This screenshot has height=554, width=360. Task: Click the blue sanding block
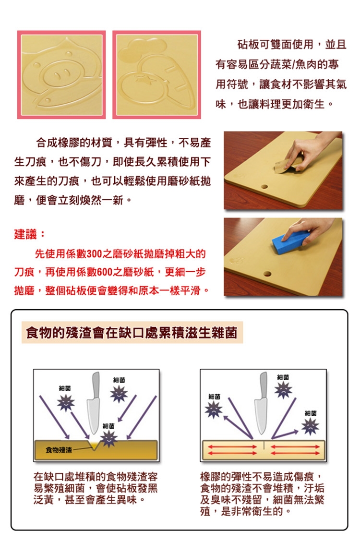coord(289,241)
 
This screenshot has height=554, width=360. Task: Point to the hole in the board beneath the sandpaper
coord(264,186)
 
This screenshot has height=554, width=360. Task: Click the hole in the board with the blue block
coord(267,274)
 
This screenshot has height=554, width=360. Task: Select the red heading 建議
coord(25,234)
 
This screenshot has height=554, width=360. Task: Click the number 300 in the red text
coord(95,253)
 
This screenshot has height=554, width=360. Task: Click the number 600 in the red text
coord(104,272)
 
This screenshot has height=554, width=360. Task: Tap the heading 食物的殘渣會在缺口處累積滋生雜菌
coord(132,333)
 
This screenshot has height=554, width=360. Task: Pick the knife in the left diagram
coord(94,403)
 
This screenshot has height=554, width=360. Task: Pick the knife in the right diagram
coord(262,403)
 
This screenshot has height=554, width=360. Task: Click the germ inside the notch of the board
coord(109,439)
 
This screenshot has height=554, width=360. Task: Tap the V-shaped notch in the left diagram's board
coord(94,445)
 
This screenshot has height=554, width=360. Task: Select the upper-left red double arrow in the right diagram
coord(232,446)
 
